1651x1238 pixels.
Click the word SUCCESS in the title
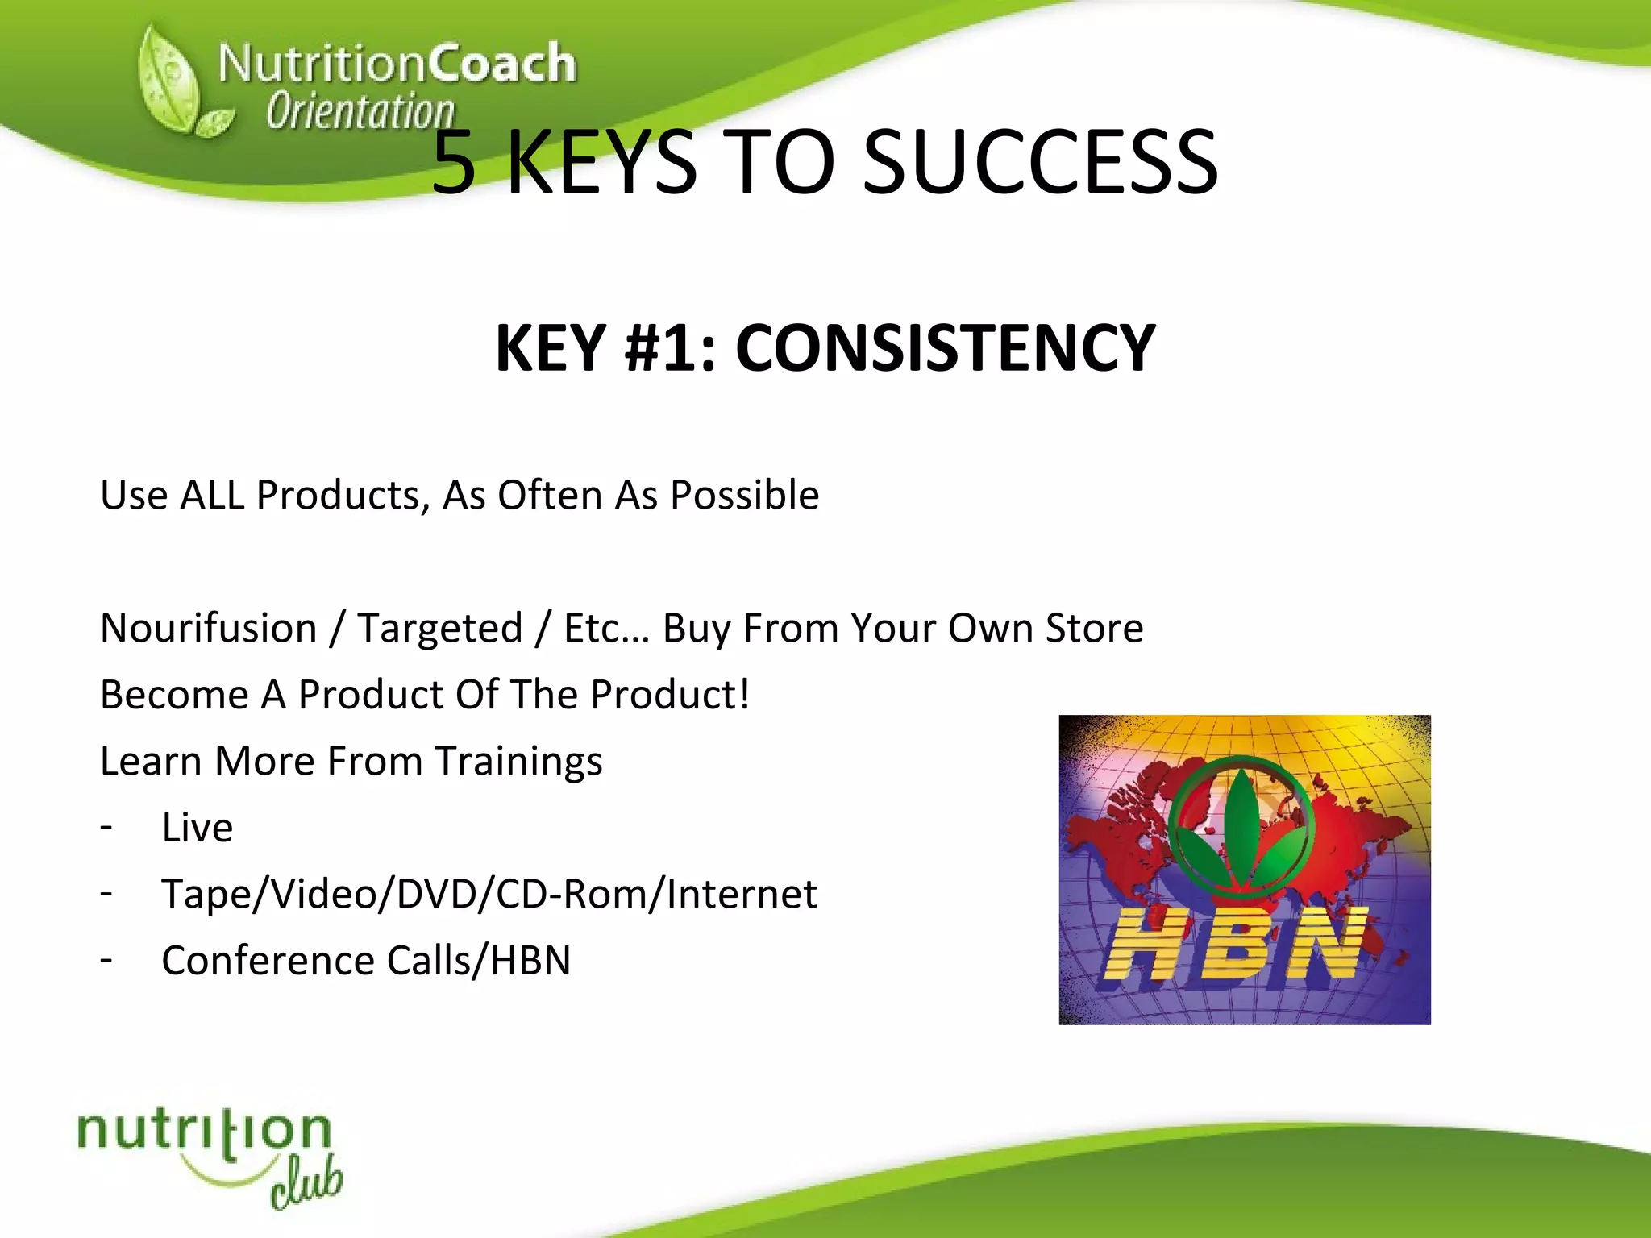(x=1040, y=164)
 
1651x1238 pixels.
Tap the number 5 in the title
(x=454, y=164)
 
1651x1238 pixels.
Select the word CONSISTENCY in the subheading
(x=945, y=348)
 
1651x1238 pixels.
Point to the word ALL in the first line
(x=212, y=495)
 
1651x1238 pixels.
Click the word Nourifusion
(x=209, y=628)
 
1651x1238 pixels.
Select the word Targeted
(x=440, y=628)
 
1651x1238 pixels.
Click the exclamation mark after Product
(x=743, y=694)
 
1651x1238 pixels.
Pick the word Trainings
(x=518, y=761)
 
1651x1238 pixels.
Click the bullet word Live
(x=198, y=828)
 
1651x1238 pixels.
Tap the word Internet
(x=742, y=894)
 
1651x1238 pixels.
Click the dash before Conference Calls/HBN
(x=106, y=960)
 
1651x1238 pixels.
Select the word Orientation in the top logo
(x=360, y=111)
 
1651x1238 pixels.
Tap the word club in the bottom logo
(x=306, y=1185)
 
